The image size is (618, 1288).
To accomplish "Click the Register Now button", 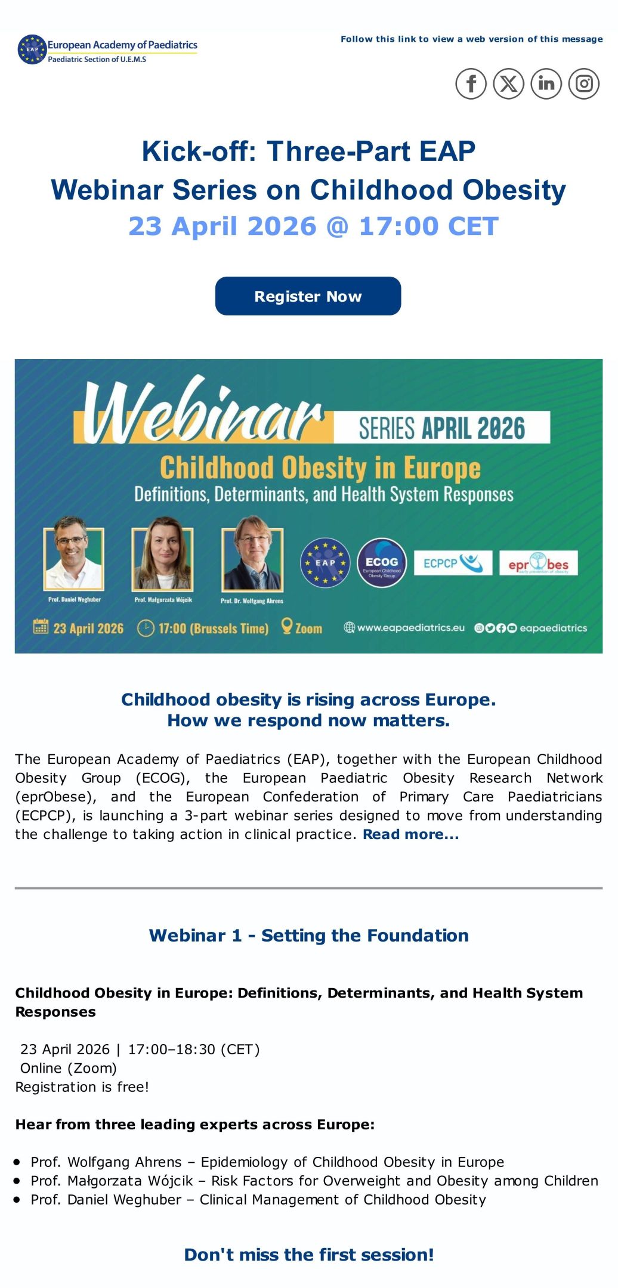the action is click(x=308, y=296).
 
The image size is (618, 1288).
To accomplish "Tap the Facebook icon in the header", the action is click(x=471, y=83).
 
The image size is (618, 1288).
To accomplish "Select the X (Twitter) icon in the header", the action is click(x=509, y=83).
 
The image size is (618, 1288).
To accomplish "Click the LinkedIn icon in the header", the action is click(x=546, y=83).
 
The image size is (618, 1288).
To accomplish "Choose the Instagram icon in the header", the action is click(x=584, y=83).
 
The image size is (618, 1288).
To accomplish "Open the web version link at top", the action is click(x=472, y=39).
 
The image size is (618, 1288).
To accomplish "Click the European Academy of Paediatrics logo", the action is click(x=107, y=49).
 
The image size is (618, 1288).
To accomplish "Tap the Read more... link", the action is click(x=411, y=834).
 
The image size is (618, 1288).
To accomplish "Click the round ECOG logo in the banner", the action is click(x=382, y=563).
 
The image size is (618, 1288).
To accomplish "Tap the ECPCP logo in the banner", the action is click(x=453, y=563).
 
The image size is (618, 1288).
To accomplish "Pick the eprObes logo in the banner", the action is click(x=539, y=563).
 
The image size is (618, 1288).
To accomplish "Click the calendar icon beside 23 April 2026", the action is click(x=41, y=626).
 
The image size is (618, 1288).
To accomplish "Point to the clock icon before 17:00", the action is click(x=146, y=628).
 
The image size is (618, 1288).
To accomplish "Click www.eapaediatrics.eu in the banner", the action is click(x=411, y=627).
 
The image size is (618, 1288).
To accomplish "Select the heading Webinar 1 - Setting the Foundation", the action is click(x=309, y=935).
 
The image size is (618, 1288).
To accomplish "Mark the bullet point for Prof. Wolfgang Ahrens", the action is click(x=17, y=1162).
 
